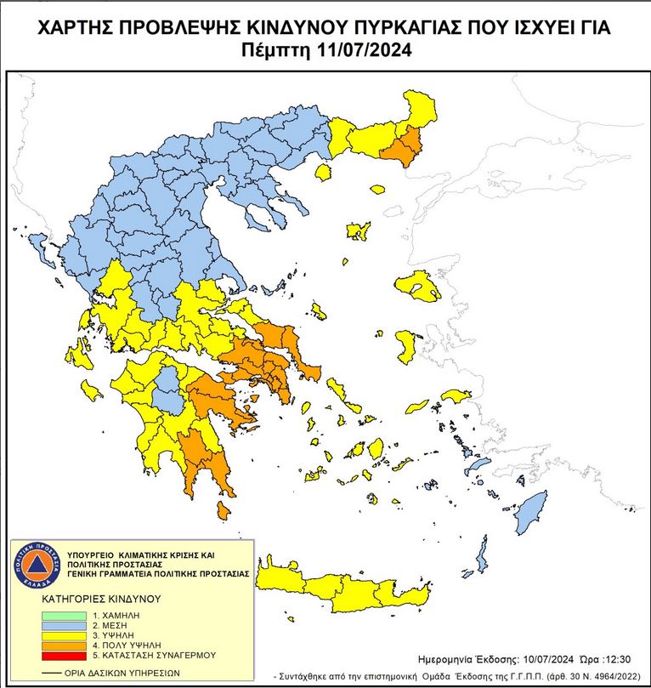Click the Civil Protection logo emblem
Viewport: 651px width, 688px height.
(x=37, y=567)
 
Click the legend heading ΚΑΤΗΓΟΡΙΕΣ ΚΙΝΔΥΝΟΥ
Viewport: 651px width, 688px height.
(x=100, y=599)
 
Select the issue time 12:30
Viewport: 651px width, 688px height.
(x=619, y=659)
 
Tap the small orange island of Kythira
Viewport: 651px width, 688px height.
(x=224, y=510)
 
